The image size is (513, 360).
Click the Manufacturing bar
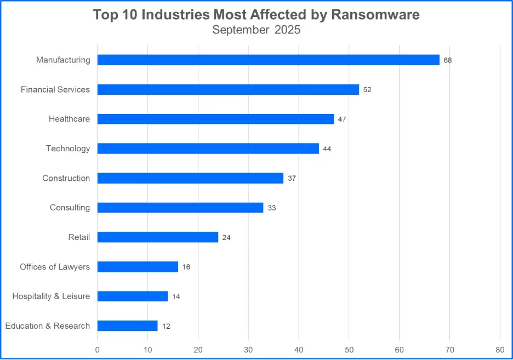click(x=269, y=60)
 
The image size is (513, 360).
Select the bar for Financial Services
click(x=228, y=89)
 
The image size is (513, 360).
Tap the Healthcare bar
click(x=215, y=119)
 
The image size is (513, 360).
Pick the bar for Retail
click(x=158, y=237)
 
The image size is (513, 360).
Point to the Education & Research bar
click(x=127, y=326)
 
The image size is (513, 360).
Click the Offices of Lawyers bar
click(x=138, y=267)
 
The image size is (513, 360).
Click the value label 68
click(x=448, y=60)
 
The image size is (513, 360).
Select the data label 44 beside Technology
click(x=327, y=149)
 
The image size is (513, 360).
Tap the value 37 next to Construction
click(x=292, y=179)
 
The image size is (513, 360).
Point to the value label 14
click(x=176, y=296)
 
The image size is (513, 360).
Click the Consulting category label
click(x=70, y=208)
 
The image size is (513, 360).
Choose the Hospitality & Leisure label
click(x=51, y=296)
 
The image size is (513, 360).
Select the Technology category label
click(x=68, y=148)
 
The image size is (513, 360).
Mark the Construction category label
click(x=66, y=178)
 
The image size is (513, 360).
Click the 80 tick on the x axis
click(x=500, y=350)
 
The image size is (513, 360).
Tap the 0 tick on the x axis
click(x=98, y=350)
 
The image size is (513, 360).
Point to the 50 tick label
click(x=349, y=350)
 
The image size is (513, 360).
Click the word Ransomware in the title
click(x=375, y=15)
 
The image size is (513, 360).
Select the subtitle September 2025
click(x=256, y=30)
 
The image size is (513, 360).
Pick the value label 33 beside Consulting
click(x=272, y=208)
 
